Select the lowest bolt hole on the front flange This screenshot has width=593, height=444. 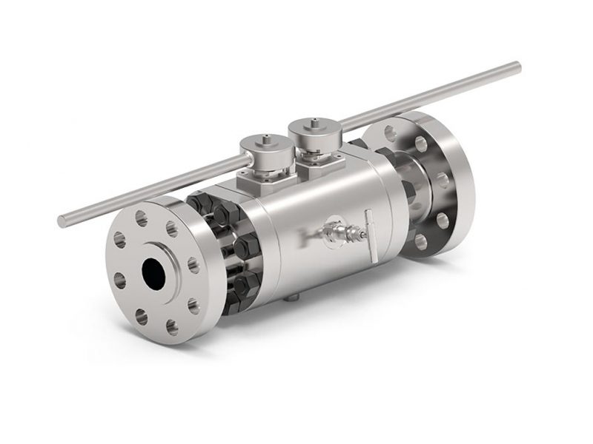(171, 325)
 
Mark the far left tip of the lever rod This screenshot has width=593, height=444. (62, 221)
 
